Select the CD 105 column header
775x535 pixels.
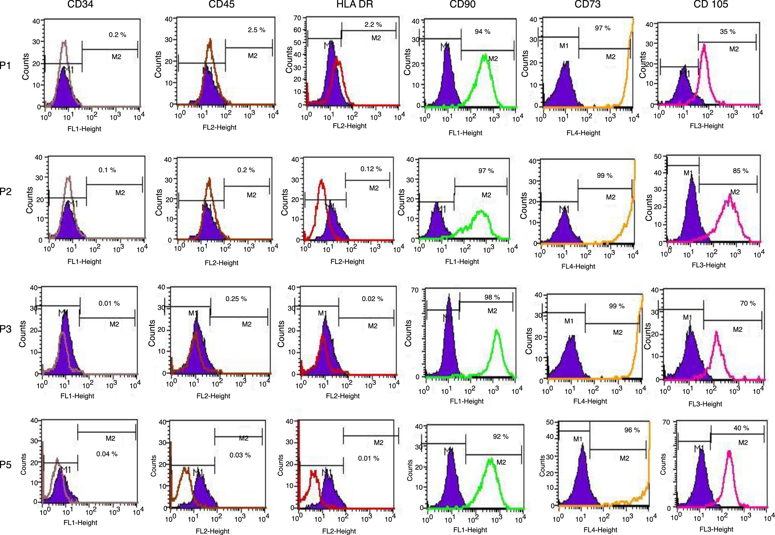point(711,4)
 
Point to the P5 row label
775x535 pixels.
point(5,465)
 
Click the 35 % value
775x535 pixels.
point(728,32)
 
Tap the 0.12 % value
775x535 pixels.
point(371,169)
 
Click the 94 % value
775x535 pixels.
point(482,32)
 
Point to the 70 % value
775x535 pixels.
point(747,303)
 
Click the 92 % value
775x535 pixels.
point(501,436)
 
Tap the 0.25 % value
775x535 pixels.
point(236,299)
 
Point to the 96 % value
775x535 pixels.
point(632,430)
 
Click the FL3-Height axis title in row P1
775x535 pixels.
point(707,126)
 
